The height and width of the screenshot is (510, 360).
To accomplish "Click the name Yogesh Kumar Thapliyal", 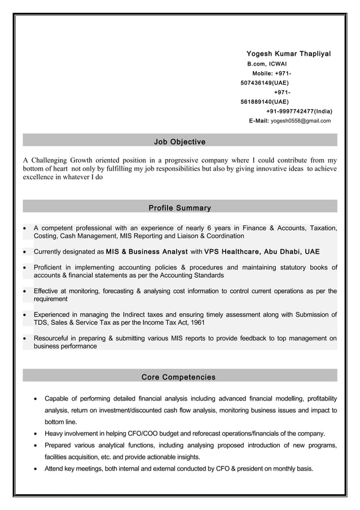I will coord(288,54).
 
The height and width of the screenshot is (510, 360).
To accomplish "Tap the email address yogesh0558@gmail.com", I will coord(301,121).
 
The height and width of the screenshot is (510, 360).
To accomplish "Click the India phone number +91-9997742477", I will coord(299,111).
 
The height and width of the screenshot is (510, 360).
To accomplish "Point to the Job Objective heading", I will coord(179,141).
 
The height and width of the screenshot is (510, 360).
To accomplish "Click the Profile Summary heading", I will coord(179,208).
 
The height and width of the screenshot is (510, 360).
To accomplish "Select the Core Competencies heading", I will coord(178,377).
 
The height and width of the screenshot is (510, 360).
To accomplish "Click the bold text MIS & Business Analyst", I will coord(147,251).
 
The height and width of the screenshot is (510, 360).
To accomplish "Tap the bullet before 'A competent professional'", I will coord(25,228).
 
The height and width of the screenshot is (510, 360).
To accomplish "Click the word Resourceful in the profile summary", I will coord(54,338).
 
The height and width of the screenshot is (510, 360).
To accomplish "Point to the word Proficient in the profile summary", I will coord(50,267).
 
